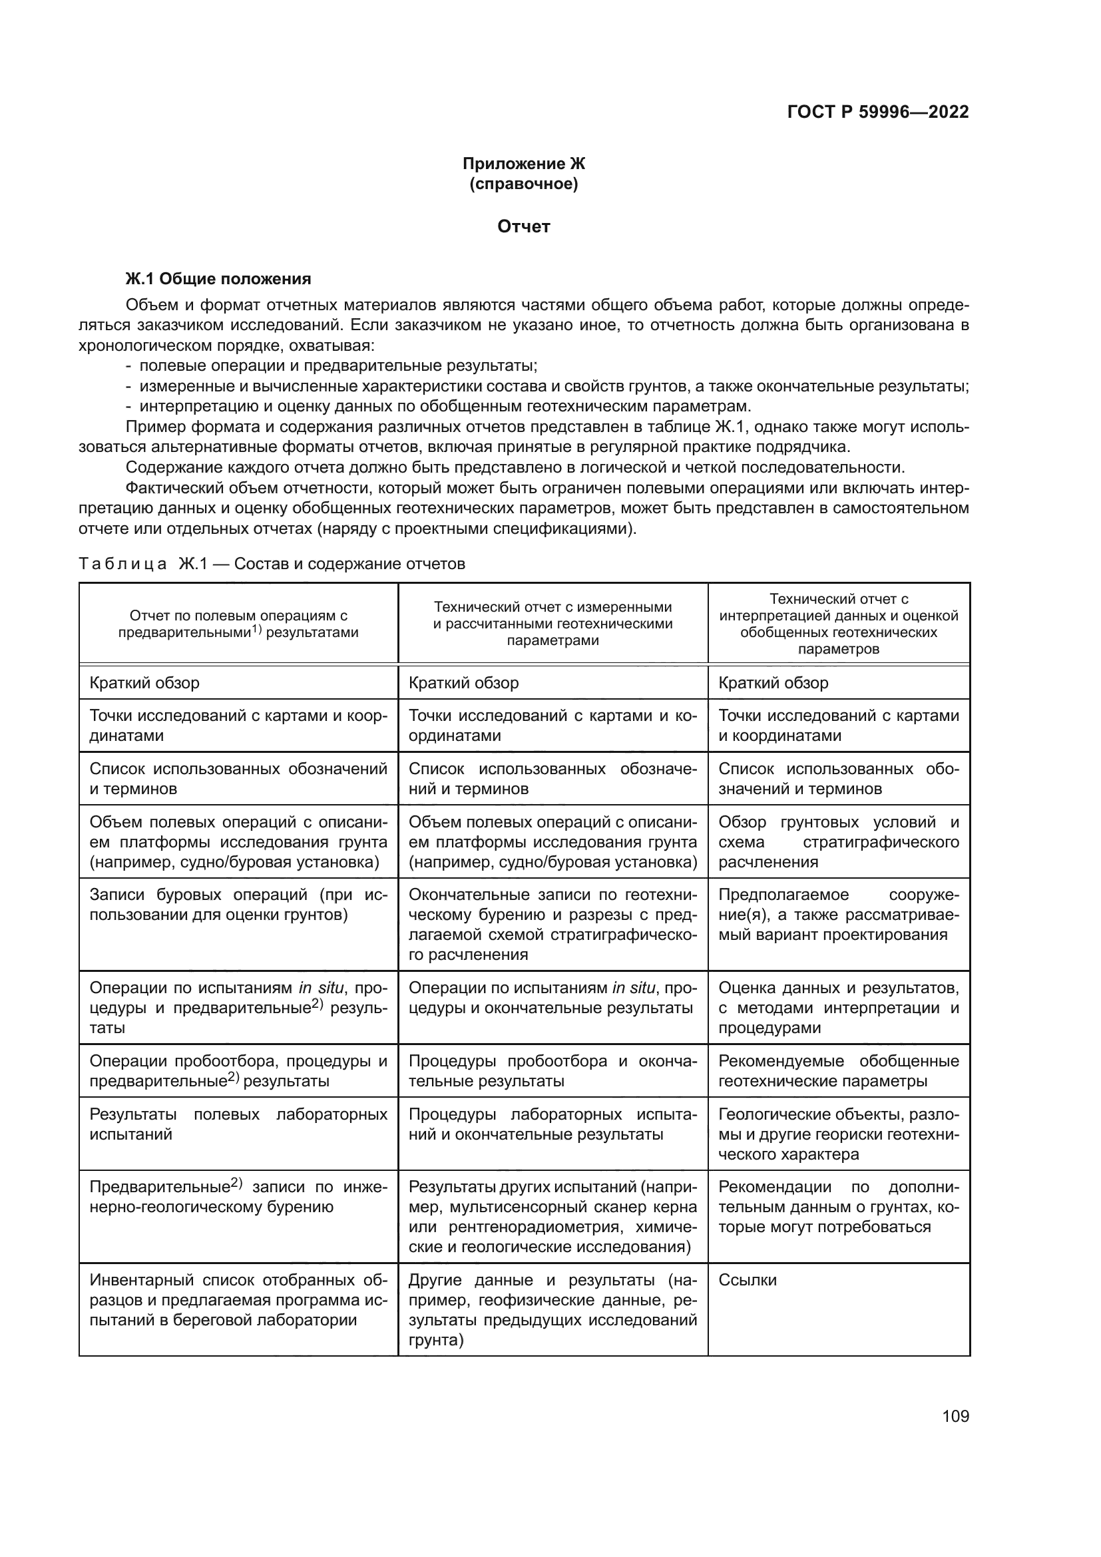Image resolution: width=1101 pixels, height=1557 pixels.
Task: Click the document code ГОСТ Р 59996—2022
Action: coord(877,112)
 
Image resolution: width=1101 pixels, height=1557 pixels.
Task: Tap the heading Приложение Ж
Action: coord(523,164)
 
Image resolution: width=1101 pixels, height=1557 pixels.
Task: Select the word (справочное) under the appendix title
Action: coord(523,184)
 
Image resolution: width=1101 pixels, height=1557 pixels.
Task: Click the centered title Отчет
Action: coord(523,226)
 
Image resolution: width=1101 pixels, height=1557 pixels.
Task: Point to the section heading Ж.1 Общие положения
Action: coord(218,279)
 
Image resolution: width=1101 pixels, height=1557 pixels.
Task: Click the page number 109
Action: coord(955,1416)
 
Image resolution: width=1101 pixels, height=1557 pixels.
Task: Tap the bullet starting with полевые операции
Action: coord(337,366)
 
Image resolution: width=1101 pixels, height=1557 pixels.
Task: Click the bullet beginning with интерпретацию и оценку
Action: coord(445,406)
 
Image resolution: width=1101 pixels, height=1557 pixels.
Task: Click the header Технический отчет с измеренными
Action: coord(552,623)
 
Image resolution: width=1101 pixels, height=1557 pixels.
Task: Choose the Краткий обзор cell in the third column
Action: coord(773,683)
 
